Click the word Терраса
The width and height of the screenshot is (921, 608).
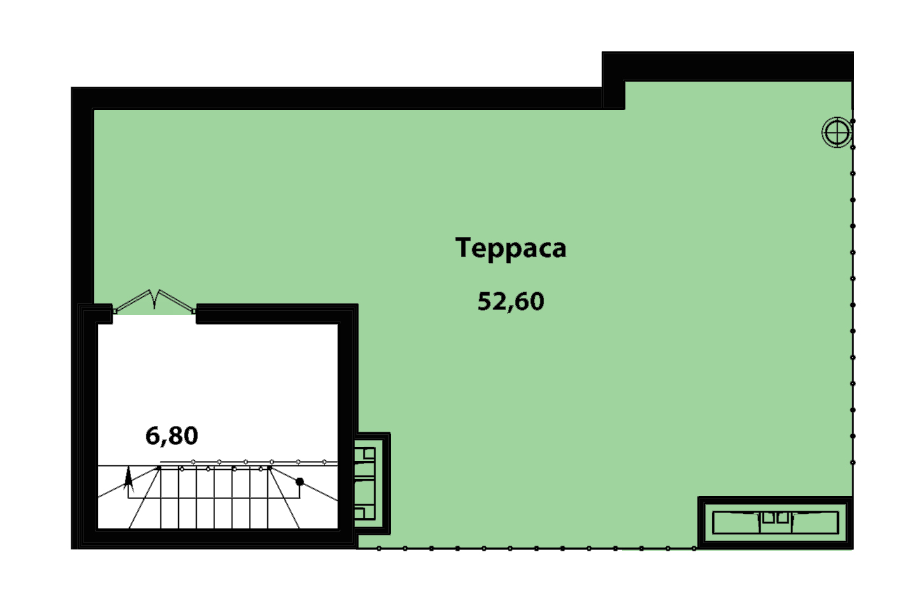coord(510,248)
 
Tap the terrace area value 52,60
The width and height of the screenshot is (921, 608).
coord(510,301)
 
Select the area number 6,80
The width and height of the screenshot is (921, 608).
coord(172,436)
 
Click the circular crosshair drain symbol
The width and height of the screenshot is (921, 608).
coord(837,132)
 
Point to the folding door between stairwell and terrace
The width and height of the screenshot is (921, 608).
coord(154,301)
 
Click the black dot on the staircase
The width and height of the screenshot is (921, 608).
coord(300,481)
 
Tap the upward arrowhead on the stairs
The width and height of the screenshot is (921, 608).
coord(129,479)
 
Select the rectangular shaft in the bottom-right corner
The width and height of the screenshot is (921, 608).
coord(775,523)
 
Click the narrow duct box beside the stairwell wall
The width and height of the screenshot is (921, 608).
coord(372,483)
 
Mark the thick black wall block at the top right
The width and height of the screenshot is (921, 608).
coord(728,66)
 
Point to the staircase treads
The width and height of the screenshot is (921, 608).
coord(214,498)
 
